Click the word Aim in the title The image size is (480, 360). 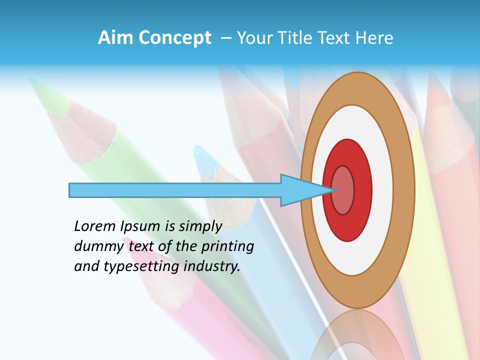(x=115, y=38)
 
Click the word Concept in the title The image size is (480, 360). (x=174, y=38)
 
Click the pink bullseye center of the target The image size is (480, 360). (x=343, y=190)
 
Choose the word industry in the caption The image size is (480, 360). (x=212, y=266)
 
